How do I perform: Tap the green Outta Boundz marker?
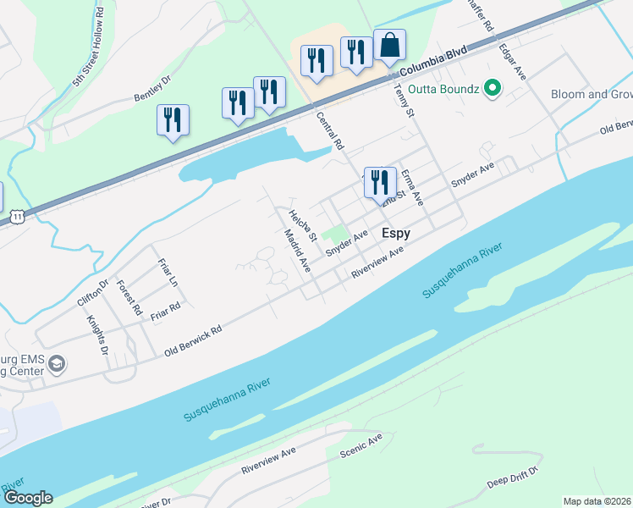pos(490,89)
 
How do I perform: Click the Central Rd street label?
pos(329,130)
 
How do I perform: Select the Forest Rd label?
pos(129,298)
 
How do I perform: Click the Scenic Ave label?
pos(361,445)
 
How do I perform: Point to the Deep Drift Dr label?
pos(514,478)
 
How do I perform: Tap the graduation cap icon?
pos(57,365)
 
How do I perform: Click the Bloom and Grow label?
pos(591,94)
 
